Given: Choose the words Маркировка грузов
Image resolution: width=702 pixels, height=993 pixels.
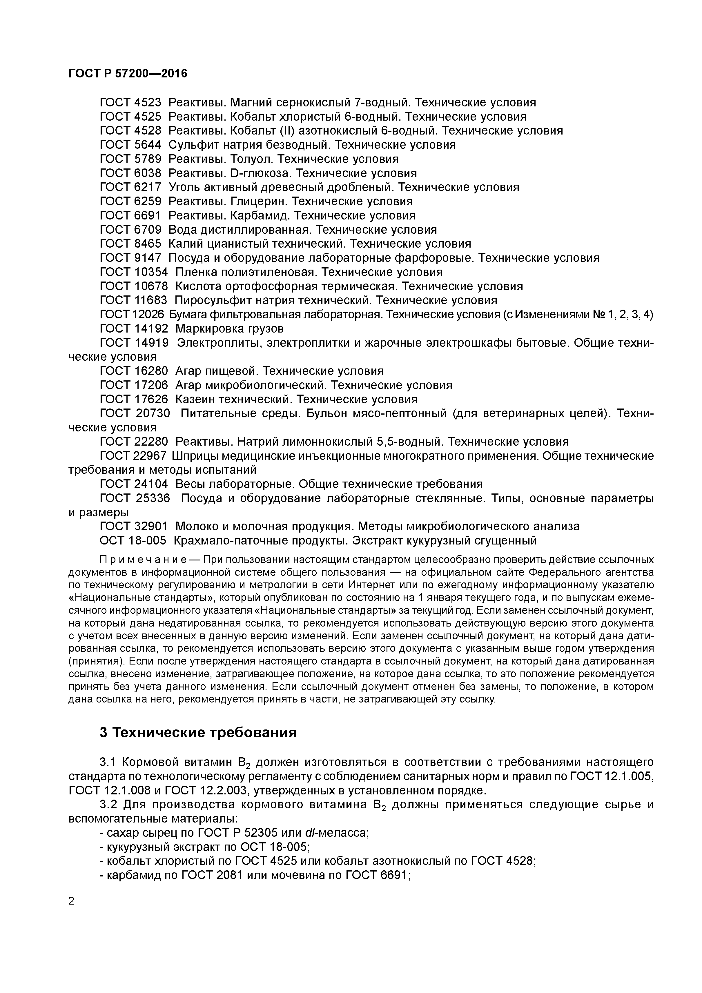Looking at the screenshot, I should (x=229, y=329).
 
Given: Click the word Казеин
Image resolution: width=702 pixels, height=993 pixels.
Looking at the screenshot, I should (x=195, y=399).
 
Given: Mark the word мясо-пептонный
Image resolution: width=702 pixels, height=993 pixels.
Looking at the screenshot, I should (x=398, y=413).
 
